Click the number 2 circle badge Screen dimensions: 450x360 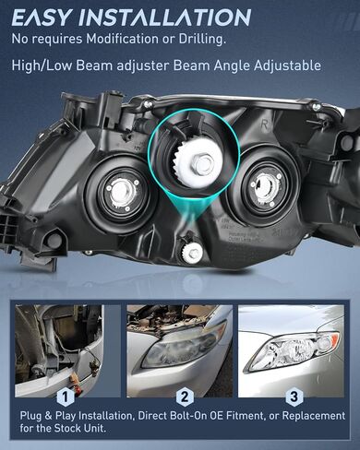tap(184, 397)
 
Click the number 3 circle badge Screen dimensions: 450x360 tap(294, 397)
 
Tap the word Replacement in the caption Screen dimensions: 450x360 tap(314, 416)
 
